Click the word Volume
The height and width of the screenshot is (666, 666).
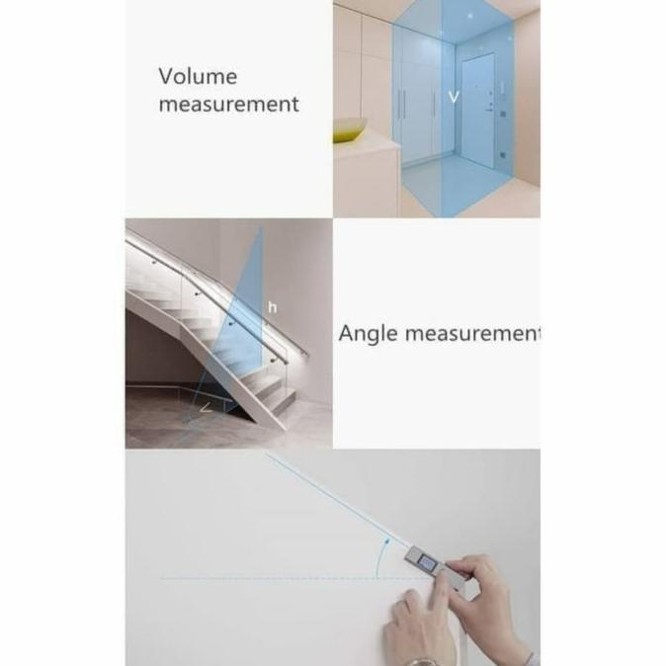(198, 76)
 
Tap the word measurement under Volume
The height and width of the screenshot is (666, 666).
(228, 104)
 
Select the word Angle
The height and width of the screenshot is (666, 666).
(368, 334)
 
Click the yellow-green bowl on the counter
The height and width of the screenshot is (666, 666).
(350, 130)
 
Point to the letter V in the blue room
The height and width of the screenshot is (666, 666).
(454, 97)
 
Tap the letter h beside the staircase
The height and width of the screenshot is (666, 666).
(273, 306)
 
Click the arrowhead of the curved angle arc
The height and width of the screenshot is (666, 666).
(386, 541)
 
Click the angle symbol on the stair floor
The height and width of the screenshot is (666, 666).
(206, 408)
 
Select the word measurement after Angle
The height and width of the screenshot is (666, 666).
(472, 334)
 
